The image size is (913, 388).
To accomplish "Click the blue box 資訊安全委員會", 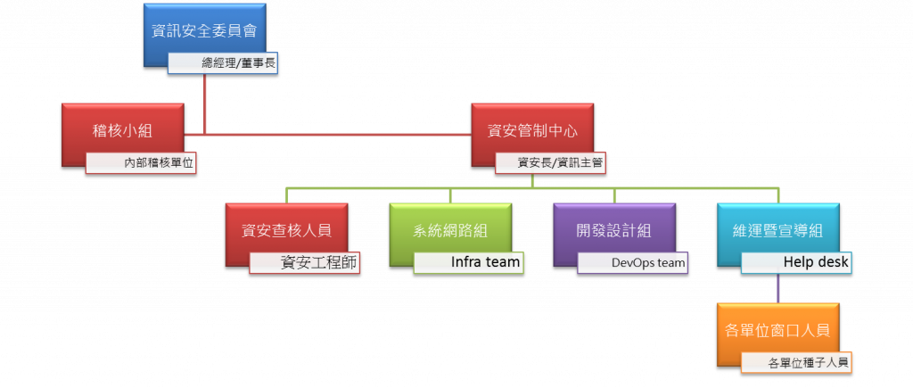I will (204, 29).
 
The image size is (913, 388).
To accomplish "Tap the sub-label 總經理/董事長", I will (228, 64).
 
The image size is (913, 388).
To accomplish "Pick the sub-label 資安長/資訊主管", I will (559, 163).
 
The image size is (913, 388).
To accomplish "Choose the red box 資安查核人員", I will (285, 229).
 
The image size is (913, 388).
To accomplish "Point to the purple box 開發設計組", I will (613, 229).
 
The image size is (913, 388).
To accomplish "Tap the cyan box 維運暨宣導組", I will (777, 229).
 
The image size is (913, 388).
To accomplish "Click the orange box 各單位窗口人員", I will (777, 330).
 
